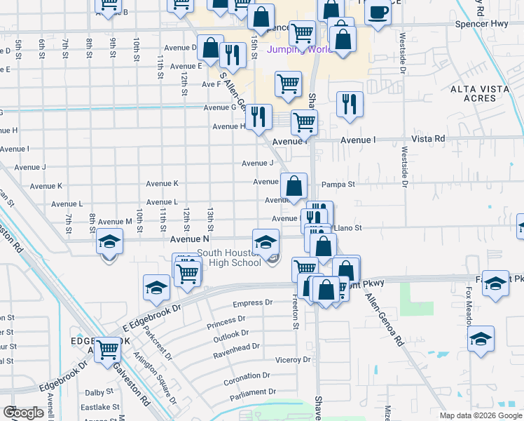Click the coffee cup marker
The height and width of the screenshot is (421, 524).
tap(378, 13)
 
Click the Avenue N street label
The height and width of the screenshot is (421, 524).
tap(190, 239)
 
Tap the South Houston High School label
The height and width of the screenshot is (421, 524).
tap(228, 258)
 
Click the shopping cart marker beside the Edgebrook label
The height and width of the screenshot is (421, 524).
tap(108, 348)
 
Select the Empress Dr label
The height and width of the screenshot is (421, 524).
tap(252, 304)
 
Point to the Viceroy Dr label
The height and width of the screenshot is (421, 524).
tap(293, 360)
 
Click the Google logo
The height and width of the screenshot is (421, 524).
tap(23, 413)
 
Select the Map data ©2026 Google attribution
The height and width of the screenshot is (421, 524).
tap(481, 415)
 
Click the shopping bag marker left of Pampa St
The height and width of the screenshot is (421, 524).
tap(295, 186)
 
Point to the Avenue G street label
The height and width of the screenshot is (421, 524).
tap(220, 108)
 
